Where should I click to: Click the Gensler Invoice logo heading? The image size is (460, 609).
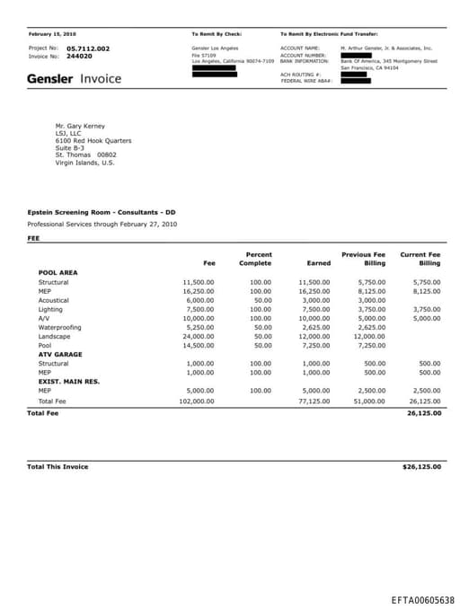coord(74,79)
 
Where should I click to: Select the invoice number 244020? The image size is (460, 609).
coord(79,56)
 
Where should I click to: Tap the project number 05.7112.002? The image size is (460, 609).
coord(88,48)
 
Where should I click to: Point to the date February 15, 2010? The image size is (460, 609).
coord(52,33)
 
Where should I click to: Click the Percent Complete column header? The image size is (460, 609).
coord(255,259)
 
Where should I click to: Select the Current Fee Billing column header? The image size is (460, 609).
coord(420,259)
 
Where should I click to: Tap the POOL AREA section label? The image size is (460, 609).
coord(58,273)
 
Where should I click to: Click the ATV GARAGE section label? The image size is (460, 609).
coord(60,354)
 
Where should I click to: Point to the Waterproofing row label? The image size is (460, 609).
coord(59,327)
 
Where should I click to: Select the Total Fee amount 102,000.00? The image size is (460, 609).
coord(198,401)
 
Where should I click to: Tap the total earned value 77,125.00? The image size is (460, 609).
coord(314,401)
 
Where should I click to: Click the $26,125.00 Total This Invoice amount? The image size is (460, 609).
coord(421,467)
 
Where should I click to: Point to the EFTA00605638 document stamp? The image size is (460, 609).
coord(422,599)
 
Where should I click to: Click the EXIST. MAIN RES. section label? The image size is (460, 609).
coord(69,381)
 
